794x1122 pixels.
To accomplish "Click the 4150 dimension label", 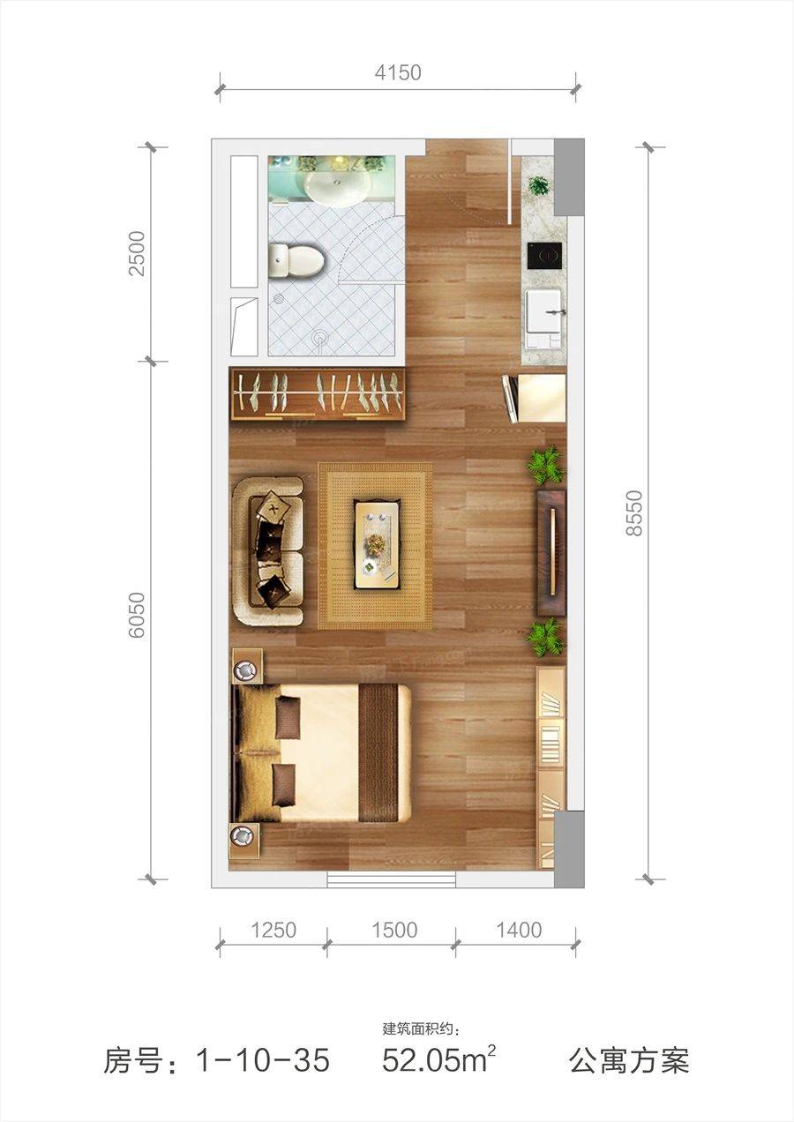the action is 398,72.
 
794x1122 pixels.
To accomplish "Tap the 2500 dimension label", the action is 137,253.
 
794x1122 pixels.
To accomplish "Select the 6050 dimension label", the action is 137,615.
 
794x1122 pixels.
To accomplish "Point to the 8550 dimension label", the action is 633,512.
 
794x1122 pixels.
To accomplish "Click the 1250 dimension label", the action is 273,931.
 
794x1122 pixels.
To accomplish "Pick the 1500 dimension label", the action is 394,931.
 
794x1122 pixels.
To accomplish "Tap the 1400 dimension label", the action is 519,931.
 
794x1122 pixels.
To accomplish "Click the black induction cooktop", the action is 545,256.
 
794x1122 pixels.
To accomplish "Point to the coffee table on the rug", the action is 378,544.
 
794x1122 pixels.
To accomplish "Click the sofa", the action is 269,551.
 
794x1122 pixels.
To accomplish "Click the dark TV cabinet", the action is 551,553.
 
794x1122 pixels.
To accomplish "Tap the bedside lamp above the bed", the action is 246,669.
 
